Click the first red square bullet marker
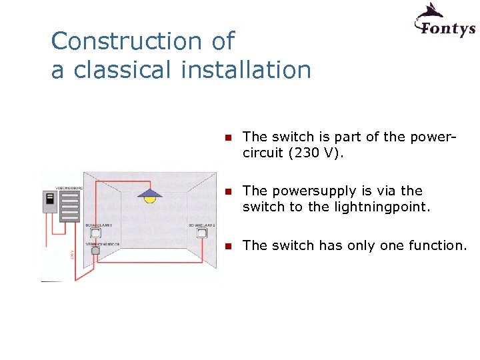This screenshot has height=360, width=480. tap(227, 138)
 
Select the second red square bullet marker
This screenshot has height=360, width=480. tap(227, 192)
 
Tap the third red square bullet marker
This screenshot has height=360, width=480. tap(227, 247)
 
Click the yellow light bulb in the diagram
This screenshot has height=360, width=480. tap(150, 199)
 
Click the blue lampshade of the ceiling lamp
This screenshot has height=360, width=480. tap(150, 193)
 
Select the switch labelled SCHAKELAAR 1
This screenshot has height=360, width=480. tap(95, 233)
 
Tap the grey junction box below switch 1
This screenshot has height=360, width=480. tap(95, 251)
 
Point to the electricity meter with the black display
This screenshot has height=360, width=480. tap(49, 202)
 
